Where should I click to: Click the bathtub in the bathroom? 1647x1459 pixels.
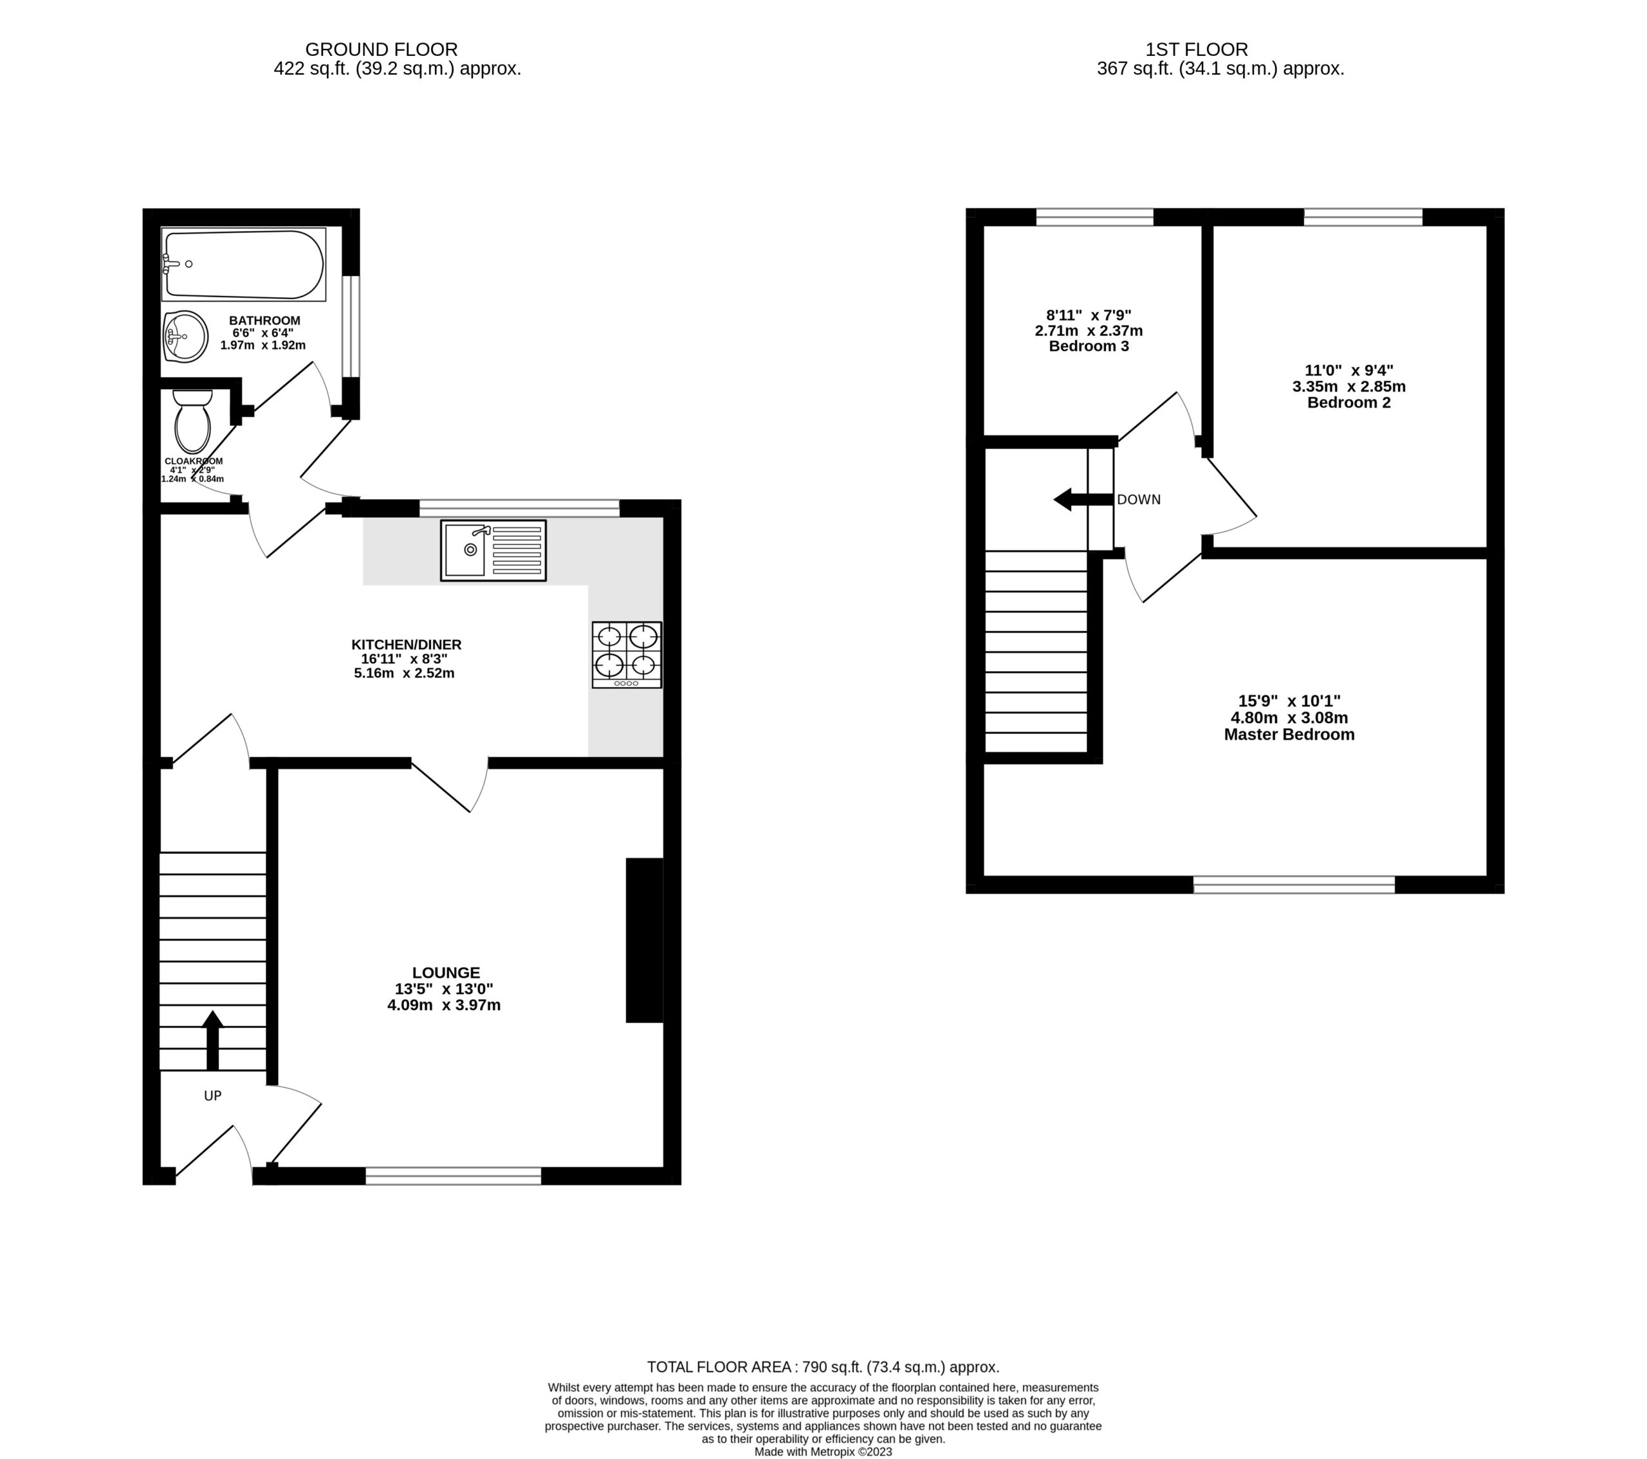point(243,264)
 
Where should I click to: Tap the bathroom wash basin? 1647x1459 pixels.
point(185,336)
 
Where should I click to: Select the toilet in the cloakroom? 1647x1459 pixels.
point(192,421)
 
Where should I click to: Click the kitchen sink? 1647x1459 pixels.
point(493,550)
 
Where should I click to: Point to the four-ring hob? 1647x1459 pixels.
point(627,654)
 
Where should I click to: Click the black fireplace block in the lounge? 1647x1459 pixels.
point(645,940)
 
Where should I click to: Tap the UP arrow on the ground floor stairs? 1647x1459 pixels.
point(213,1040)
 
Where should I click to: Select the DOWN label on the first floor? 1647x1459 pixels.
point(1139,499)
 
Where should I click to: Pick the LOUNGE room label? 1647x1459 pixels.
point(446,973)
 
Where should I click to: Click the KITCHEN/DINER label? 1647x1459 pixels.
point(406,645)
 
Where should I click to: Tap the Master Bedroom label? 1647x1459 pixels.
point(1289,735)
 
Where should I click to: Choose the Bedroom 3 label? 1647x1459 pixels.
point(1089,347)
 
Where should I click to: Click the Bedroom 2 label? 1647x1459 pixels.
point(1349,403)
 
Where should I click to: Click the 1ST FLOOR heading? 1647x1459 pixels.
point(1197,50)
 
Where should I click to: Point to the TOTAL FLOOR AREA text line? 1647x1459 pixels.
point(823,1367)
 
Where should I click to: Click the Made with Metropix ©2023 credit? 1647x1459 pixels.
point(823,1452)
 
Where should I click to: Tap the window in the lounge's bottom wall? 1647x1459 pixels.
point(454,1175)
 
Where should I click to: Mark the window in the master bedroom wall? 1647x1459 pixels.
point(1294,885)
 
